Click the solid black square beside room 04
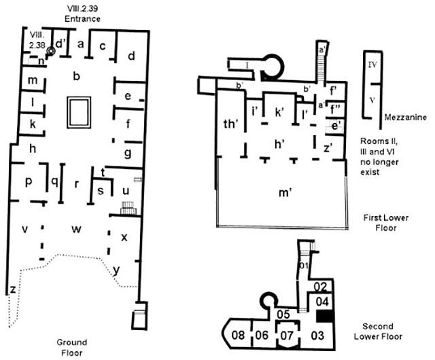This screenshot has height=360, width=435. [324, 316]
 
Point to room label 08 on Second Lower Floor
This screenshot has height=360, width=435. [239, 334]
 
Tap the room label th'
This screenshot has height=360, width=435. [231, 123]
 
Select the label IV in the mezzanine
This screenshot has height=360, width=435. [372, 66]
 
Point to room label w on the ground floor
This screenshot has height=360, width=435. [77, 229]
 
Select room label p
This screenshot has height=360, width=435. [29, 182]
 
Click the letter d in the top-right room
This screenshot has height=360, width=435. [132, 55]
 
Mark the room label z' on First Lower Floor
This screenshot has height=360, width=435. [328, 147]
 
